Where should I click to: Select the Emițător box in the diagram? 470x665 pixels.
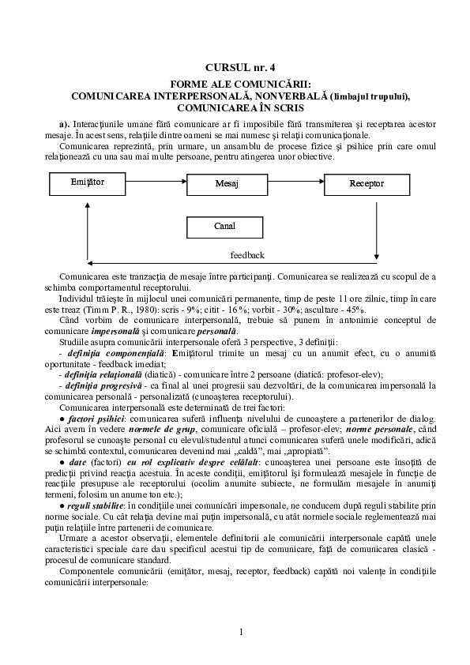(88, 183)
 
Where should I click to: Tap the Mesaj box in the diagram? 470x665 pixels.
(227, 183)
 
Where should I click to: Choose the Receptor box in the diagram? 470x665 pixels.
(367, 183)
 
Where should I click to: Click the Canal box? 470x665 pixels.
(225, 227)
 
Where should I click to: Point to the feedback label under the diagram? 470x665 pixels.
(246, 255)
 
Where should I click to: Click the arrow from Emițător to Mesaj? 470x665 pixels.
(156, 183)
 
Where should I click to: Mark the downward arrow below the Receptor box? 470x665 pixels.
(378, 229)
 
